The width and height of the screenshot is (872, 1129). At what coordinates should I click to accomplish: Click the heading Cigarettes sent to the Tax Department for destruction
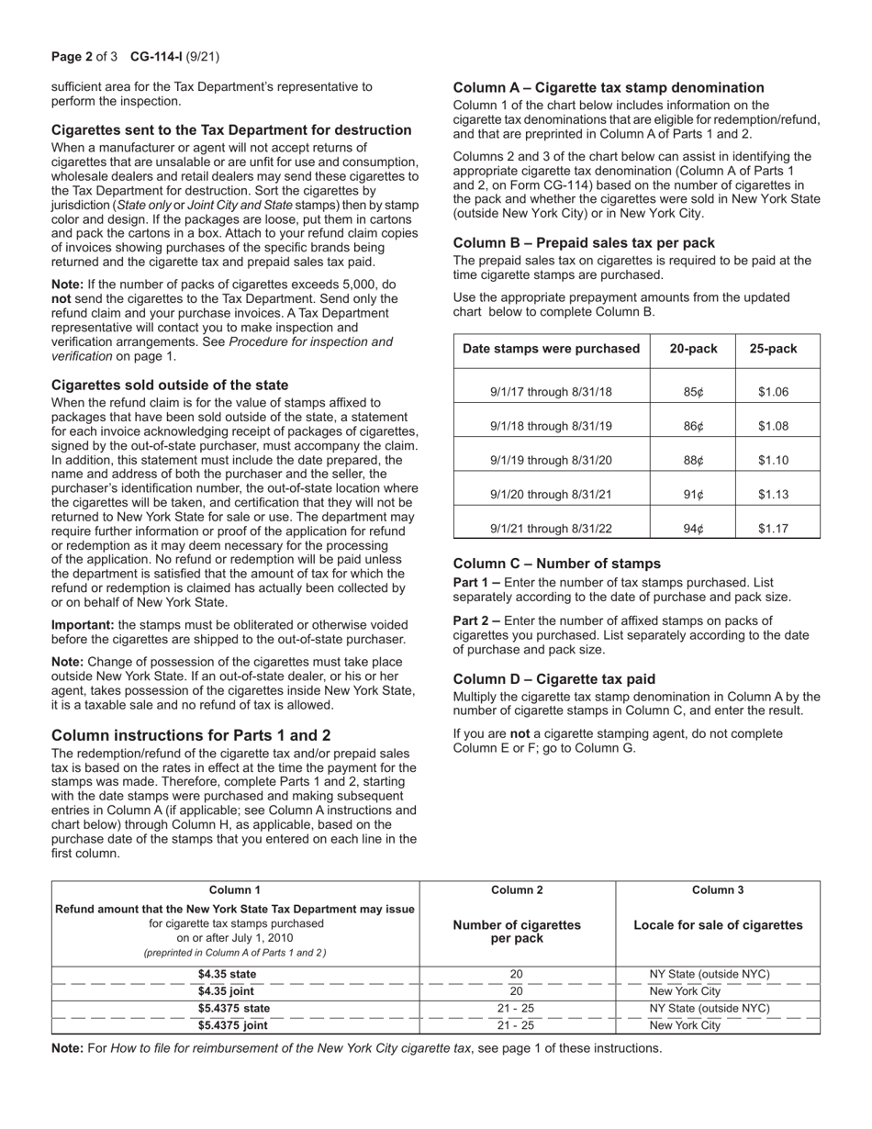[x=231, y=130]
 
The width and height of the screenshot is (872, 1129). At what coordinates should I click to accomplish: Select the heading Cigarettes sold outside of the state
[x=170, y=385]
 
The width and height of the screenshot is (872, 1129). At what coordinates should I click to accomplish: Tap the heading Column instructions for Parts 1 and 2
[x=191, y=735]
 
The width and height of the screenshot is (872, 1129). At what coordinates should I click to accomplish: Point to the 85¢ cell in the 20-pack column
[x=693, y=392]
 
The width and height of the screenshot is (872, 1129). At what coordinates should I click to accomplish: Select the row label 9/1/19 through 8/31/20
[x=551, y=461]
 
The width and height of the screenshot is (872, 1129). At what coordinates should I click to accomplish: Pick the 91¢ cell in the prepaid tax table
[x=693, y=495]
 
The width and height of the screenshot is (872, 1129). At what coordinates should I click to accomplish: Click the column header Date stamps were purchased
[x=551, y=349]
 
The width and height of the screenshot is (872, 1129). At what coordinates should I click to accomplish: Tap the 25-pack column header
[x=773, y=349]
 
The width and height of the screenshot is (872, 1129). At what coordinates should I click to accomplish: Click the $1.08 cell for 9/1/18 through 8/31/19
[x=773, y=427]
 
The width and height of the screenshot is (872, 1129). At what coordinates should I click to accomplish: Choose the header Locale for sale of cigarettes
[x=718, y=924]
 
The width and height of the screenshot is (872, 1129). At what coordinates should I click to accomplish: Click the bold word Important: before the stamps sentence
[x=83, y=624]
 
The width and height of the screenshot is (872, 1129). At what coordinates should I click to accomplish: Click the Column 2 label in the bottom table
[x=517, y=889]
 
